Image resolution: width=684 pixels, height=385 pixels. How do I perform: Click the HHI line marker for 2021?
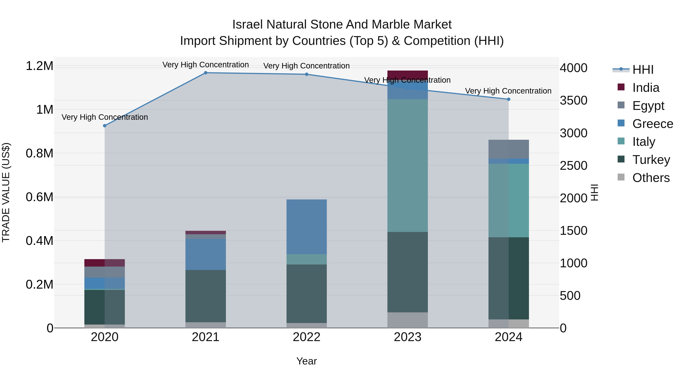(206, 73)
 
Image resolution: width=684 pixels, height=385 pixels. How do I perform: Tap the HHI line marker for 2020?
(105, 126)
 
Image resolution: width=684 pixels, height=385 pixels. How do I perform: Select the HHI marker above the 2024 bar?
(508, 99)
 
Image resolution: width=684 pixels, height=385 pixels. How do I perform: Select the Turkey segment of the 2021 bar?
(206, 296)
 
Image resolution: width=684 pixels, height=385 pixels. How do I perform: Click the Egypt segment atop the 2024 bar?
(508, 149)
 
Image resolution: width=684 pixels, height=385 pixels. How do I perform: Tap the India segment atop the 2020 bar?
(105, 263)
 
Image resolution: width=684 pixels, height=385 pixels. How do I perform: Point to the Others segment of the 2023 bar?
(408, 320)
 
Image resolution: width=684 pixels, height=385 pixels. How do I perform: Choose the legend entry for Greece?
(652, 124)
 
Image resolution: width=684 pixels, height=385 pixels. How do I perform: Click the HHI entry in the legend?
(643, 70)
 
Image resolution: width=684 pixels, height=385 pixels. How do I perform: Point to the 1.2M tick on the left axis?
(39, 66)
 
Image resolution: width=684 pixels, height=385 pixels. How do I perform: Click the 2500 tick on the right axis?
(574, 166)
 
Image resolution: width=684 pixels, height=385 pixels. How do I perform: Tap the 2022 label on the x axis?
(306, 337)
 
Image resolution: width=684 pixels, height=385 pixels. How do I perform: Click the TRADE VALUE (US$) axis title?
(6, 192)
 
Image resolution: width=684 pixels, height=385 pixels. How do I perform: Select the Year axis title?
(306, 361)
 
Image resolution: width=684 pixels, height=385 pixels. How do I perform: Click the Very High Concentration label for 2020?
(105, 117)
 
